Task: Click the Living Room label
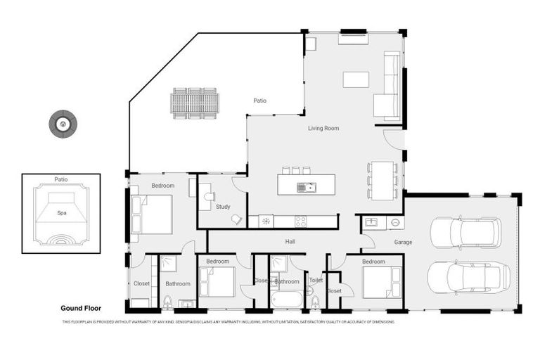coord(323,128)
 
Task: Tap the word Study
coord(223,207)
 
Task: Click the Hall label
coord(290,241)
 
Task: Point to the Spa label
coord(61,212)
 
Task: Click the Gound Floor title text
coord(82,308)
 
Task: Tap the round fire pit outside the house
coord(63,124)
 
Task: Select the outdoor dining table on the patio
coord(195,103)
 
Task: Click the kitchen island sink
coord(306,187)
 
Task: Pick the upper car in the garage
coord(465,233)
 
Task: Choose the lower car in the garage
coord(468,276)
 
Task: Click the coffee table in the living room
coord(356,79)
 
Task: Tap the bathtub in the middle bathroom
coord(286,300)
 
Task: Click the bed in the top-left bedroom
coord(153,214)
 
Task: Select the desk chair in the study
coord(237,220)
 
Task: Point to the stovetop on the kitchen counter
coord(300,221)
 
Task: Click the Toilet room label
coord(316,280)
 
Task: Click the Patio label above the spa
coord(61,180)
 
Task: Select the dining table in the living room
coord(382,180)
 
